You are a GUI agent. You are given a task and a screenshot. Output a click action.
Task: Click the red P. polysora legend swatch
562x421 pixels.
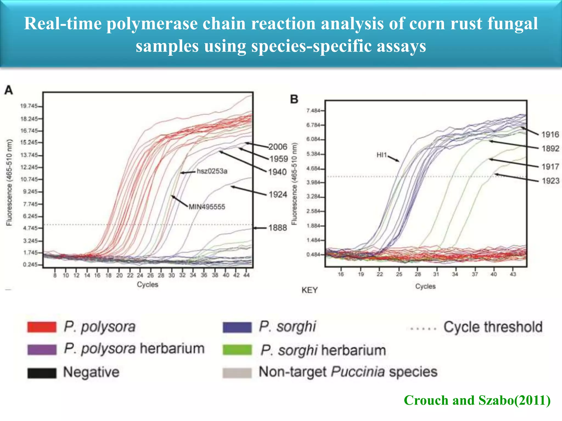(x=42, y=327)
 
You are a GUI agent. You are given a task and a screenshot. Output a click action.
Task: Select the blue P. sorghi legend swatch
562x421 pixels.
(x=237, y=327)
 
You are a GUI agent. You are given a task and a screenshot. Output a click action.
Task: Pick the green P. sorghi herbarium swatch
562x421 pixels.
(x=237, y=350)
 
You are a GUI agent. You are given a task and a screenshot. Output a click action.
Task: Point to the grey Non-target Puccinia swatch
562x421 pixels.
(x=237, y=373)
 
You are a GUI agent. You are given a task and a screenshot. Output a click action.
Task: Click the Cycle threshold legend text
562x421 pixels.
(x=493, y=327)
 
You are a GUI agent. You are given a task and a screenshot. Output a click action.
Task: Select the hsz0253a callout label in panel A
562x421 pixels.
(x=212, y=171)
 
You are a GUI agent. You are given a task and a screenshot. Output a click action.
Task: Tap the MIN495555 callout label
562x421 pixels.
(x=207, y=207)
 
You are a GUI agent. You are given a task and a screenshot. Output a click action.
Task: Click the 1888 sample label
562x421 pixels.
(x=277, y=228)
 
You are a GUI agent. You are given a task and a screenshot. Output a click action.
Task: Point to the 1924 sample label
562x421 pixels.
(x=278, y=195)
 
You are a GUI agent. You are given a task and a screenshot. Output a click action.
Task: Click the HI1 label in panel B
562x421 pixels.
(x=382, y=155)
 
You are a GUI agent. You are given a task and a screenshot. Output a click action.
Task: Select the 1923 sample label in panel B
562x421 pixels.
(x=550, y=181)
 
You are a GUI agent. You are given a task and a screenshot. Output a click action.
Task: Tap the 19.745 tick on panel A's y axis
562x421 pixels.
(x=29, y=106)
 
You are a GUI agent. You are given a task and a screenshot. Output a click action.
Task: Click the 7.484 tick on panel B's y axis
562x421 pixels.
(x=313, y=111)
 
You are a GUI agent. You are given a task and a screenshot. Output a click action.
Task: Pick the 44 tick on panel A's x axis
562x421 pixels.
(x=247, y=275)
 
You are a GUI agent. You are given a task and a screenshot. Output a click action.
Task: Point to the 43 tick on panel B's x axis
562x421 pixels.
(x=513, y=274)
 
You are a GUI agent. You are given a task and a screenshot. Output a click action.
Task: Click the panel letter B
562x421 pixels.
(x=294, y=99)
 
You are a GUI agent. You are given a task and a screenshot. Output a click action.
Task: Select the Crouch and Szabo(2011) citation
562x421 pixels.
(x=477, y=400)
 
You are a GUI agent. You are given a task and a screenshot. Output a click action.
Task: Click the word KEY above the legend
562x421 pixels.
(x=310, y=290)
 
